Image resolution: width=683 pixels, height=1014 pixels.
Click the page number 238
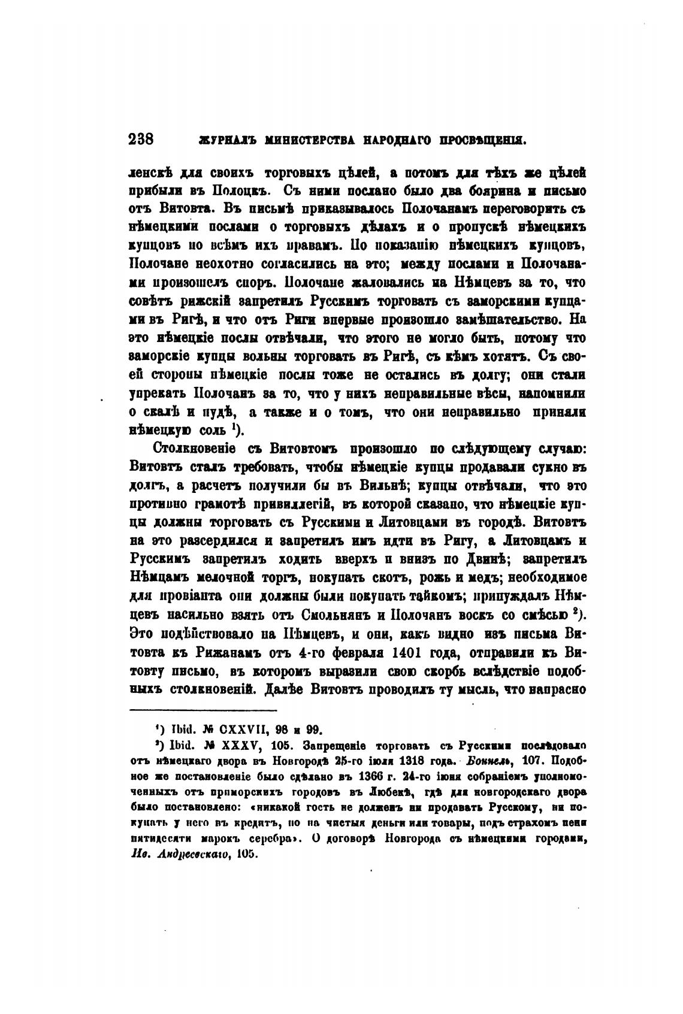(x=142, y=140)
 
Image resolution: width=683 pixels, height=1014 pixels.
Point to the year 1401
(x=409, y=652)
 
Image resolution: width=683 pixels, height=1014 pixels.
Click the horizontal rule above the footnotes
(x=204, y=710)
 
